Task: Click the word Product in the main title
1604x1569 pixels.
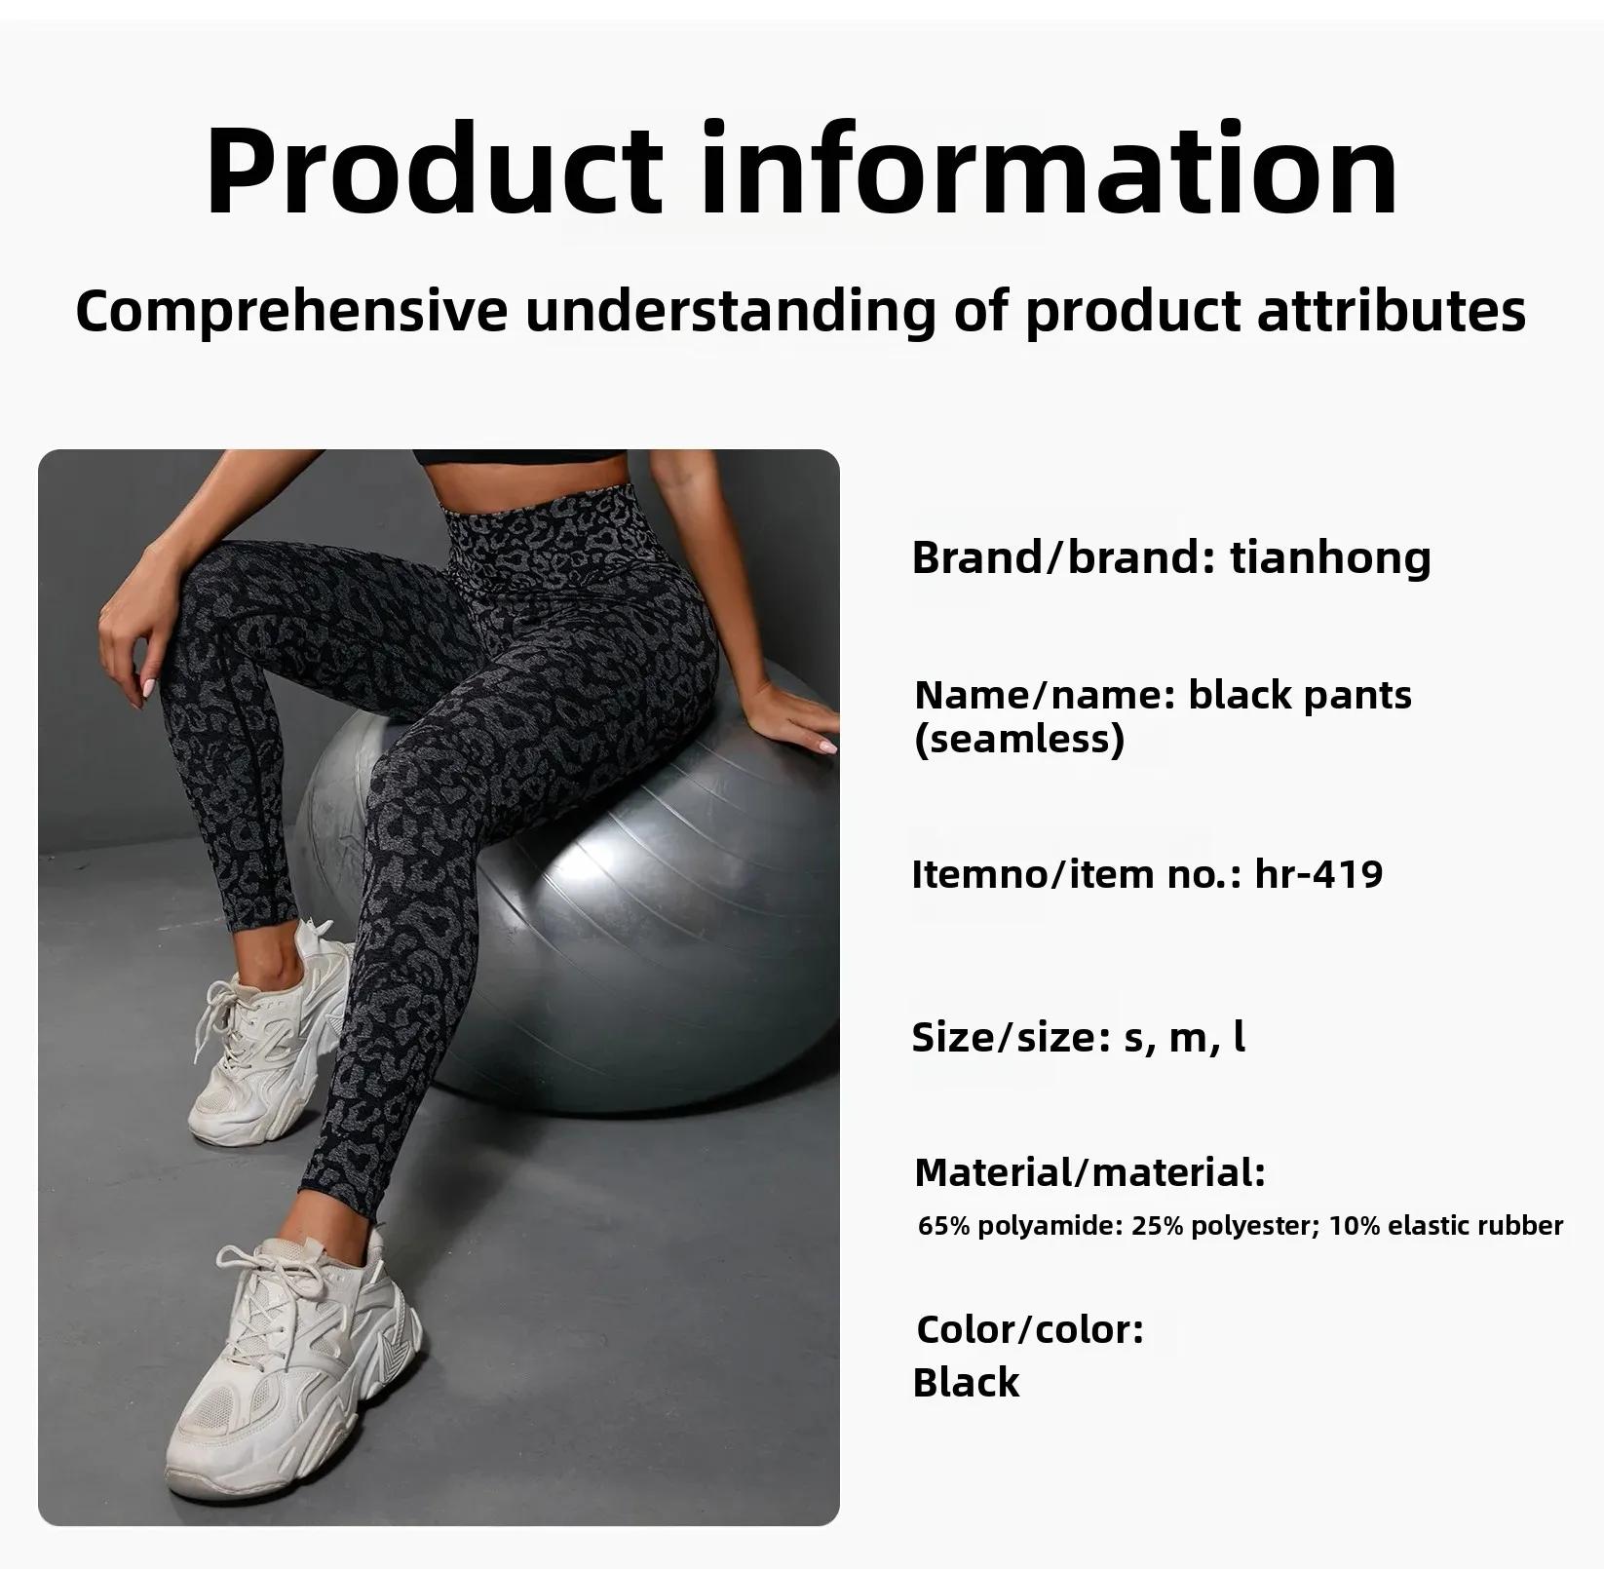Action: (x=434, y=170)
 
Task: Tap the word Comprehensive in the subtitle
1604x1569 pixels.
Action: (x=291, y=312)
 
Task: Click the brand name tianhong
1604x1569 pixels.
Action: (x=1330, y=558)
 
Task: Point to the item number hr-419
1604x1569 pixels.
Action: (x=1318, y=873)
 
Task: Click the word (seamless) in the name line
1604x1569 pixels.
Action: (x=1019, y=739)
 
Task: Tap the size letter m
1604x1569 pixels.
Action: (x=1188, y=1039)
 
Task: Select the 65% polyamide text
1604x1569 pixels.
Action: (x=1021, y=1226)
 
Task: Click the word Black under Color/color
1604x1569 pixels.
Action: (x=966, y=1382)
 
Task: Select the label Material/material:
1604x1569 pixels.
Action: (x=1089, y=1172)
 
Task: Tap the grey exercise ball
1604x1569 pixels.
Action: (x=624, y=906)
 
